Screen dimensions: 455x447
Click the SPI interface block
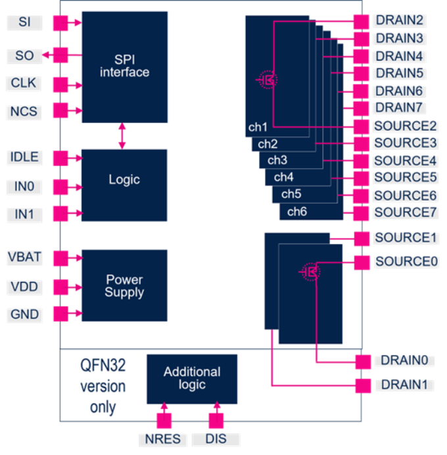click(x=124, y=66)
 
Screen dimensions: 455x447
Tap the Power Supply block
click(x=124, y=285)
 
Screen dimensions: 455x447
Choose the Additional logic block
click(x=192, y=379)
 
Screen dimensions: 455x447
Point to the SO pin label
click(x=24, y=56)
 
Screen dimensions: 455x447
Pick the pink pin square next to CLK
click(x=60, y=84)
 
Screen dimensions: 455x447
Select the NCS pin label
click(x=24, y=112)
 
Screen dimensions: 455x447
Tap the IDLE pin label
click(x=24, y=158)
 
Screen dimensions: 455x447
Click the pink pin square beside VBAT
click(x=60, y=257)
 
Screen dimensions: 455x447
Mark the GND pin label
click(x=24, y=314)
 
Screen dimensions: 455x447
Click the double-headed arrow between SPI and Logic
click(x=122, y=136)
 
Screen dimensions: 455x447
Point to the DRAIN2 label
click(x=400, y=21)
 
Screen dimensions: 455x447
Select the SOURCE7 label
click(x=406, y=212)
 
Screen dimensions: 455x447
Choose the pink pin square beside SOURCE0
click(x=362, y=262)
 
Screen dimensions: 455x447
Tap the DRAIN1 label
click(x=404, y=385)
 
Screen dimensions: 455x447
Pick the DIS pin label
click(x=216, y=439)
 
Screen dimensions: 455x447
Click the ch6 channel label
click(x=297, y=212)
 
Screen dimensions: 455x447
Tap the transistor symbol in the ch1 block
click(x=268, y=80)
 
